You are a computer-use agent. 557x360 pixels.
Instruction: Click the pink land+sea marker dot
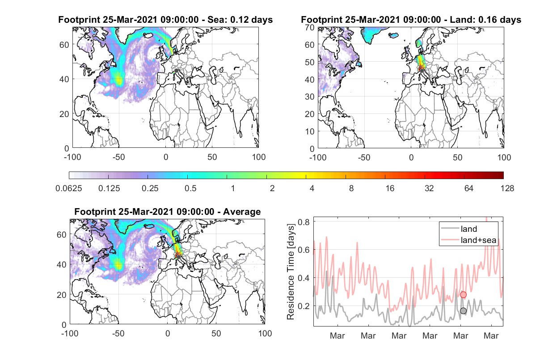point(463,295)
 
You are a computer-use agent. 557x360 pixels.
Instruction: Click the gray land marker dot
point(463,311)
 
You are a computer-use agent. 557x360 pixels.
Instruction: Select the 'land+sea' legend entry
point(468,240)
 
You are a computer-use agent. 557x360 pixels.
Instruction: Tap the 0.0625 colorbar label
point(69,188)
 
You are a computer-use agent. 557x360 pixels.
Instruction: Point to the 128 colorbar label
point(507,188)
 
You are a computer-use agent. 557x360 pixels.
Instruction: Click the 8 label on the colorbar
point(351,188)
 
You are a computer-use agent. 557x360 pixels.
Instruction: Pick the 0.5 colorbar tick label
point(190,188)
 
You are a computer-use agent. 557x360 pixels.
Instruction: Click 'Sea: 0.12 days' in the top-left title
point(240,20)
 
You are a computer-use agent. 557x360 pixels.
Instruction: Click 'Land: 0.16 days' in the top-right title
point(485,20)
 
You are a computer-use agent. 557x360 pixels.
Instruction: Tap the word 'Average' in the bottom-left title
point(242,212)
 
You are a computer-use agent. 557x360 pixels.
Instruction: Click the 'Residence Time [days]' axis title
point(291,272)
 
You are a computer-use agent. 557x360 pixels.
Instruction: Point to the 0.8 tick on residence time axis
point(304,222)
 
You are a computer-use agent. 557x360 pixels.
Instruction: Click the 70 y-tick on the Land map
point(310,27)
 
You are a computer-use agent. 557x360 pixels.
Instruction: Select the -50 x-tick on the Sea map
point(118,157)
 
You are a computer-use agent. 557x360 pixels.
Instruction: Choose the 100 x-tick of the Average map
point(265,333)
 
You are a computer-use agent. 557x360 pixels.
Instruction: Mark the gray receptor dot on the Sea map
point(176,71)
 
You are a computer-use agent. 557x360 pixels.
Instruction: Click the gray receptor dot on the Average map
point(178,257)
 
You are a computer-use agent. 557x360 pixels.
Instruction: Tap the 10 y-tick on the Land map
point(310,131)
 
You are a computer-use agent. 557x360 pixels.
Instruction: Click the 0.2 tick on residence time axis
point(304,306)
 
